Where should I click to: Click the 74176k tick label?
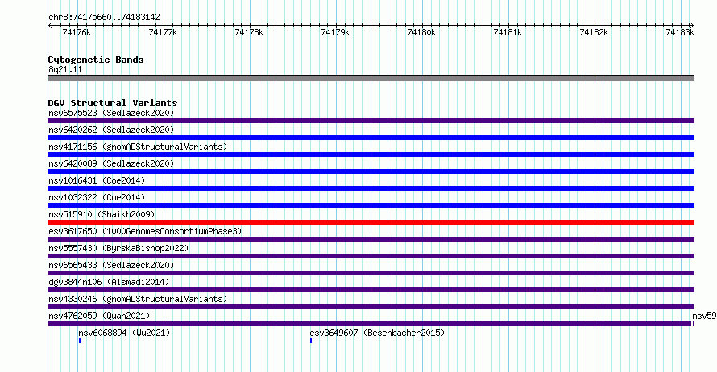coord(77,32)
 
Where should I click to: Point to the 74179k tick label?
coord(335,32)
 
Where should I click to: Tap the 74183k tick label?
coord(680,32)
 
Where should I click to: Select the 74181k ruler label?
coord(508,32)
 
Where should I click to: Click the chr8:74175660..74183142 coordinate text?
coord(104,18)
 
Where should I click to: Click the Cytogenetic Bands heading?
coord(96,60)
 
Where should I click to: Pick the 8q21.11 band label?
coord(65,69)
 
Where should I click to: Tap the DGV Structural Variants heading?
coord(113,103)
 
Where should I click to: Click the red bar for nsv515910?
coord(371,222)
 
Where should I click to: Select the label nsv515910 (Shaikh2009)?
coord(102,214)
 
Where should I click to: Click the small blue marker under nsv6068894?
coord(80,341)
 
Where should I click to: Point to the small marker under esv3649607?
coord(311,341)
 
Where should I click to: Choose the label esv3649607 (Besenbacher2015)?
coord(377,333)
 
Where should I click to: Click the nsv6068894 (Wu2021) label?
coord(124,333)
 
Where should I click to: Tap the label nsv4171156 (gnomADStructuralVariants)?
coord(138,147)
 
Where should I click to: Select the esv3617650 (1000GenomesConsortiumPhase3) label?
coord(145,231)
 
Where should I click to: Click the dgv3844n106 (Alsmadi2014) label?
coord(109,282)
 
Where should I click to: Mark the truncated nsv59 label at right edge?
coord(704,316)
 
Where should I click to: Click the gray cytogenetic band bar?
coord(371,78)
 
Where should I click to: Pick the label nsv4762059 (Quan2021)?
coord(99,316)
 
